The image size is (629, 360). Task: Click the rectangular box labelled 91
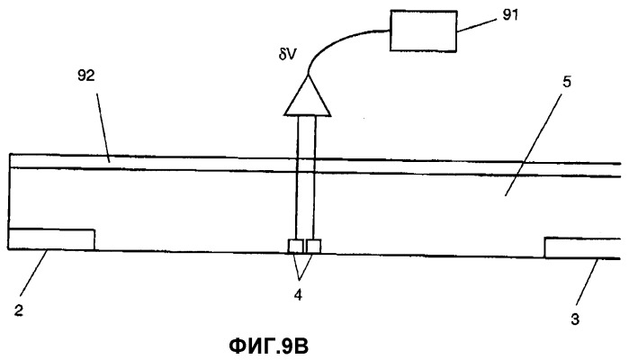tap(424, 31)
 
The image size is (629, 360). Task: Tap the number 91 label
tap(510, 14)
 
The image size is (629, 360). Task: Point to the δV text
tap(287, 55)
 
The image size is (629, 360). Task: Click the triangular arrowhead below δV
tap(308, 95)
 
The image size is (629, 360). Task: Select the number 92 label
tap(85, 75)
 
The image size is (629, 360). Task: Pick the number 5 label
tap(567, 82)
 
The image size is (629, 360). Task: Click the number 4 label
tap(298, 295)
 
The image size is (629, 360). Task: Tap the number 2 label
tap(19, 310)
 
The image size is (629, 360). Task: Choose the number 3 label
tap(575, 319)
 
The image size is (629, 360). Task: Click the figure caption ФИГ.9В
tap(269, 346)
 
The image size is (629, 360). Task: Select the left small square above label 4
tap(296, 247)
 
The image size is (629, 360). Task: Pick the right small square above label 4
tap(314, 247)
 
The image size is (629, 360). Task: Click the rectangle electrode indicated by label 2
tap(51, 239)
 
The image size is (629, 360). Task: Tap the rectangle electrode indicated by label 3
tap(582, 248)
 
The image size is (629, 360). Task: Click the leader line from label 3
tap(588, 283)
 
